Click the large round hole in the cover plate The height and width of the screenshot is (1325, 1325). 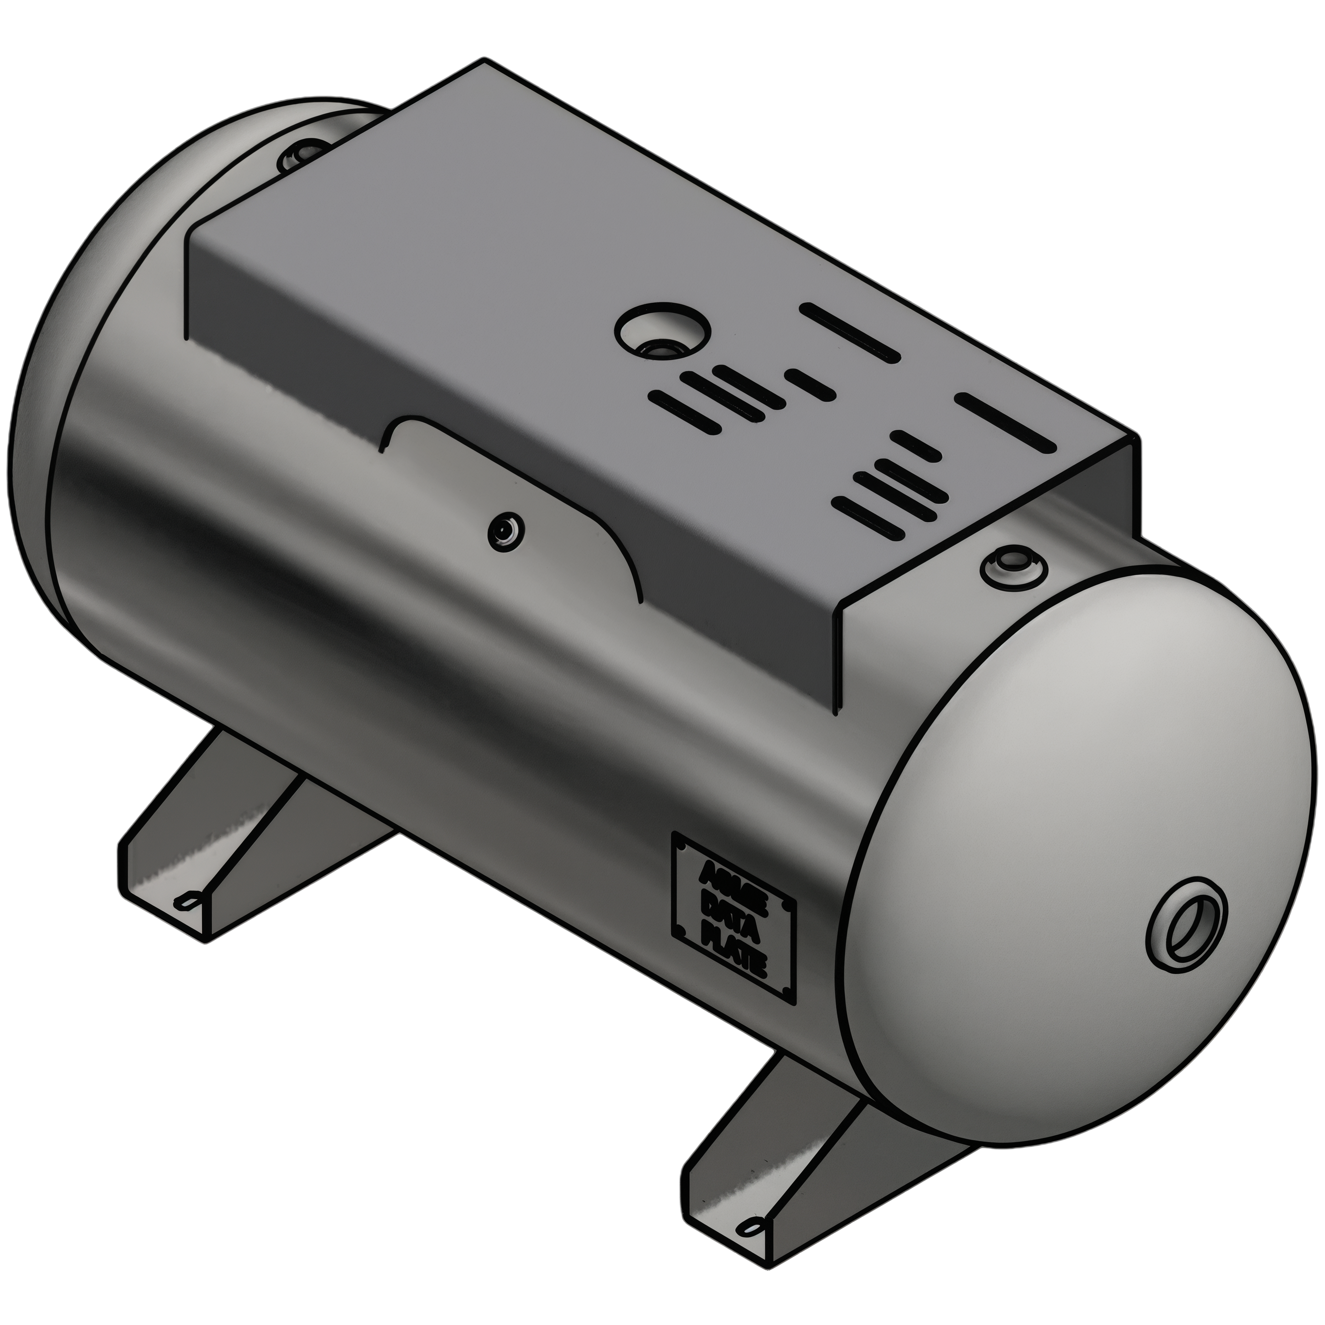[660, 331]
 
